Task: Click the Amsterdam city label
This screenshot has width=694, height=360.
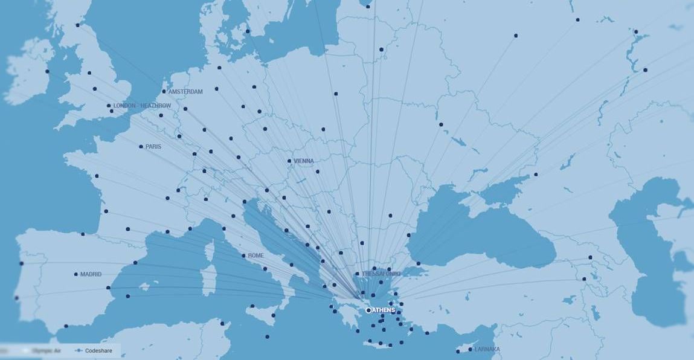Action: tap(185, 92)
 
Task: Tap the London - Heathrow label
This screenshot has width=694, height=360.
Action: tap(142, 106)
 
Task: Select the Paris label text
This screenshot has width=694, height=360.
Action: tap(153, 147)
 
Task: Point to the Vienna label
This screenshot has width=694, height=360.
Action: tap(304, 161)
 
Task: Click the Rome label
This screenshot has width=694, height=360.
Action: tap(256, 256)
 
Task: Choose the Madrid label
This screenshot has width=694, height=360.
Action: tap(91, 275)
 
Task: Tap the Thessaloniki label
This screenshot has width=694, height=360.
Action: tap(381, 274)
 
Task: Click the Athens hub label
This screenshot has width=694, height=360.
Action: tap(384, 310)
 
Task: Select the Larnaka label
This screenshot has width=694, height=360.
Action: tap(487, 350)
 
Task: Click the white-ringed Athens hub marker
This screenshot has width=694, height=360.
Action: tap(368, 310)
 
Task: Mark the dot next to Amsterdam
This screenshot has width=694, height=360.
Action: tap(164, 92)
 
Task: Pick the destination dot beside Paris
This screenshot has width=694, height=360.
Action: tap(141, 147)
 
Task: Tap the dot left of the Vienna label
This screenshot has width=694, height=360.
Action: tap(289, 161)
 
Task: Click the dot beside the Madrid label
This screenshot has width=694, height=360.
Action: tap(76, 275)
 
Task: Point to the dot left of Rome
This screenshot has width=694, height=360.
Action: tap(243, 256)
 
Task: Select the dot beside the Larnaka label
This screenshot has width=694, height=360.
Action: tap(470, 350)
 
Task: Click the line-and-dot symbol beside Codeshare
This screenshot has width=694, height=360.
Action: tap(78, 350)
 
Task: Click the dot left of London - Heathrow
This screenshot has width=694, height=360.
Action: tap(109, 106)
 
